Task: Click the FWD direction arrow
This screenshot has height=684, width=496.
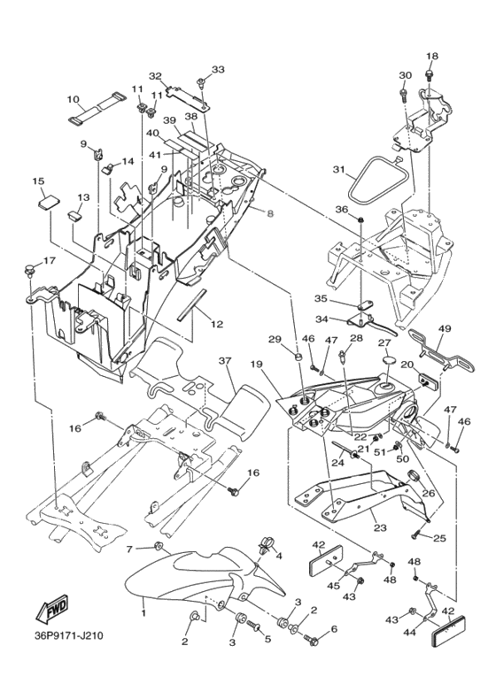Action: point(52,608)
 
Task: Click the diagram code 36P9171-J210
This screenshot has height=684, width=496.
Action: point(69,635)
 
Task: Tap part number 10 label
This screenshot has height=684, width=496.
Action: point(73,99)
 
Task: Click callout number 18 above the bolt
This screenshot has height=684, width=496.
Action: point(432,56)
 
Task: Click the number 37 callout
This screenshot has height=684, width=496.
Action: point(225,361)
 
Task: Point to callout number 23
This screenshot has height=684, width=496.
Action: point(380,528)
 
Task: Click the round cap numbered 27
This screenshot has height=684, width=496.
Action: point(384,360)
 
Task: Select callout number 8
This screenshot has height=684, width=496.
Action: point(270,213)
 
